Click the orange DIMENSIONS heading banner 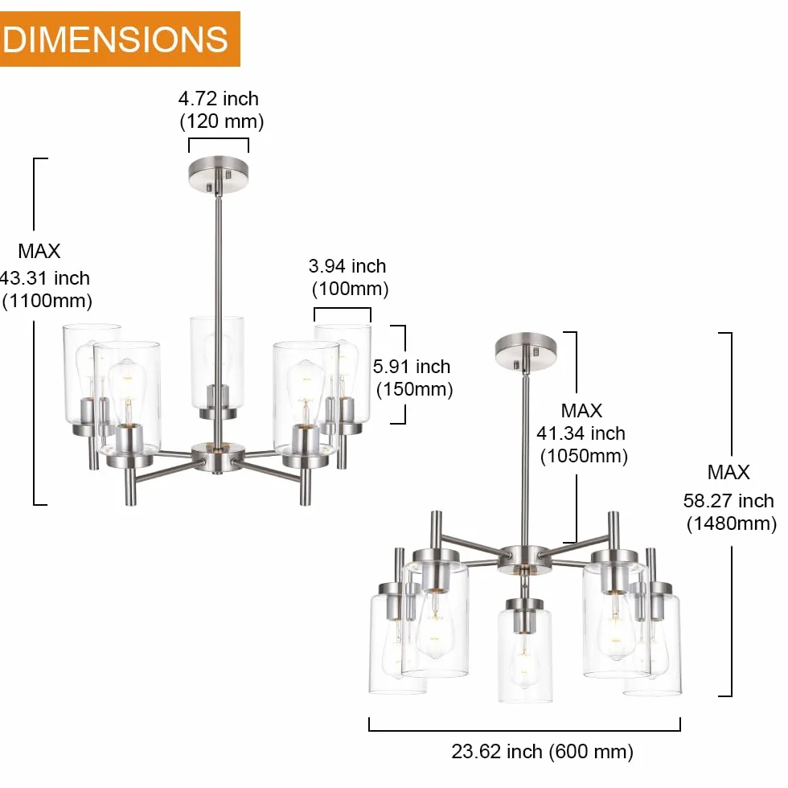(x=120, y=39)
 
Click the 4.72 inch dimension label (x=219, y=98)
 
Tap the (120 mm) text (x=222, y=121)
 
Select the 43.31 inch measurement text (x=45, y=278)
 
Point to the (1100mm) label (x=47, y=301)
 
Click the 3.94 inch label (x=347, y=266)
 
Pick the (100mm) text (x=351, y=289)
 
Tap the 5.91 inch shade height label (x=412, y=367)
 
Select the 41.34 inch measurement (x=581, y=433)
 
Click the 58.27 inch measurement (x=728, y=500)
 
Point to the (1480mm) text (x=732, y=523)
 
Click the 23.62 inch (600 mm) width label (x=542, y=752)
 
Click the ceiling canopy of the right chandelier (x=526, y=352)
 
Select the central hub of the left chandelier (x=218, y=457)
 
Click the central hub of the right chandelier (x=524, y=559)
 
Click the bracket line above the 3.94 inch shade (x=343, y=309)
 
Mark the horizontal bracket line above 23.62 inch (x=524, y=730)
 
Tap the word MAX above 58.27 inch (x=728, y=473)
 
